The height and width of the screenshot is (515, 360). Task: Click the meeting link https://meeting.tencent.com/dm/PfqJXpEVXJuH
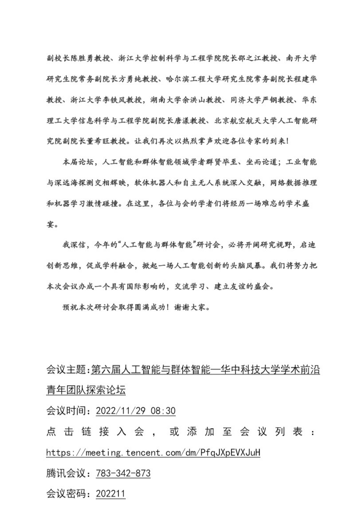153,453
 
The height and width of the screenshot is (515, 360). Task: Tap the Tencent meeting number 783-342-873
123,473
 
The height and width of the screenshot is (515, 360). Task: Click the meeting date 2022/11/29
121,411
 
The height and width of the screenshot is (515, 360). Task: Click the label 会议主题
66,370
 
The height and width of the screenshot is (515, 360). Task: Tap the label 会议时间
66,411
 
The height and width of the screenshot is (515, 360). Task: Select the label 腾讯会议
66,473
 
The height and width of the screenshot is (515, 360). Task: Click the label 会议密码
66,493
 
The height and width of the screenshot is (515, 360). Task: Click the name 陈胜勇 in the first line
77,58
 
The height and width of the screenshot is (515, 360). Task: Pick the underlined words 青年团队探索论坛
86,390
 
